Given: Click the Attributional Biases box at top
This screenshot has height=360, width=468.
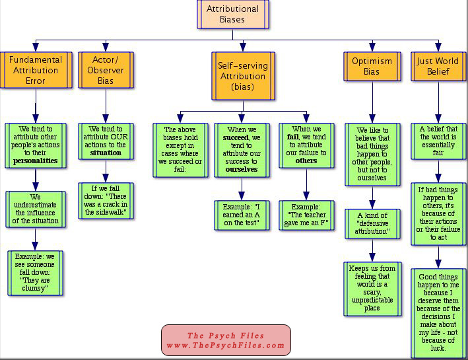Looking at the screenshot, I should (233, 15).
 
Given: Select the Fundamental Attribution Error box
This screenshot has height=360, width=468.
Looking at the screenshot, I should (36, 70).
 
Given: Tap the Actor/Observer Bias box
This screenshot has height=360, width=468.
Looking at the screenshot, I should (105, 70).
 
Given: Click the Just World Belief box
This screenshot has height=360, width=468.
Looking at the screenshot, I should (438, 66).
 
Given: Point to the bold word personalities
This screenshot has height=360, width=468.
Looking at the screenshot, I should (36, 161).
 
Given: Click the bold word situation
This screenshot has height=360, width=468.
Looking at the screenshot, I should (106, 153).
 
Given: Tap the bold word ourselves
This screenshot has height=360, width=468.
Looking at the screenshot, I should (241, 169).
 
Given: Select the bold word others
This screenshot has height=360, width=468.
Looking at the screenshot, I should (306, 161).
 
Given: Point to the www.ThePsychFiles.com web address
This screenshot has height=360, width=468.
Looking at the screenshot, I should (226, 345).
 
